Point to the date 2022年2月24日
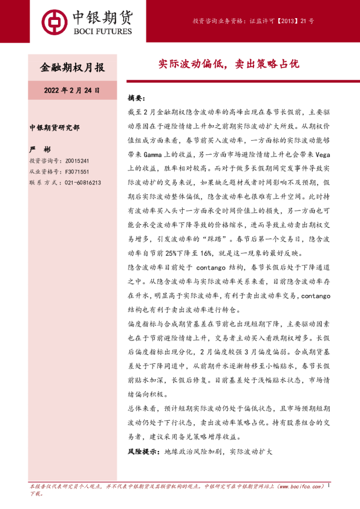tap(71, 90)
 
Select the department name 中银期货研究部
tap(54, 128)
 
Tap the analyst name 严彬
tap(38, 148)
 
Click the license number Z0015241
tap(76, 161)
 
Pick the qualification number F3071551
tap(76, 172)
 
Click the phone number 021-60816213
tap(81, 182)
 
